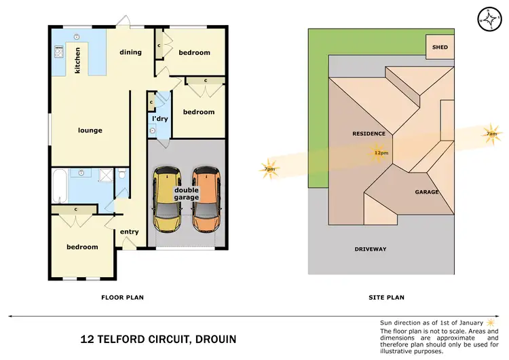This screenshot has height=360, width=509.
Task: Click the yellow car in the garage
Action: coord(167,198)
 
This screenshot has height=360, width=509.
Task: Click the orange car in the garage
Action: coord(206,198)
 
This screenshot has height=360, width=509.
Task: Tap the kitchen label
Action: coord(78,60)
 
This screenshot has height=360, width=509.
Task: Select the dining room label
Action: coord(130,52)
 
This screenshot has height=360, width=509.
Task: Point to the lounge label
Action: coord(90,130)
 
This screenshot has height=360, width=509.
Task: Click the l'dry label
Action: coord(159,119)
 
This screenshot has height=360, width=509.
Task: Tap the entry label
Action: coord(129,232)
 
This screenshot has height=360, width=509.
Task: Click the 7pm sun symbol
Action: coord(269,168)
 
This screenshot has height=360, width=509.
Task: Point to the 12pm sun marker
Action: coord(381,152)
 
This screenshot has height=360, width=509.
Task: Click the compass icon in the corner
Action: coord(489,19)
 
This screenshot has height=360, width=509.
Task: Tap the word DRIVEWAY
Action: coord(371,249)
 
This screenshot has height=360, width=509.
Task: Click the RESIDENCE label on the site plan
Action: coord(369,134)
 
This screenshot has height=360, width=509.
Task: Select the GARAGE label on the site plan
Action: coord(427,192)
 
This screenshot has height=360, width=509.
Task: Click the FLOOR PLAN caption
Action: coord(122,297)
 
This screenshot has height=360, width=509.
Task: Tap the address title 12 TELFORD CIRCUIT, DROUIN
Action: coord(159,338)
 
